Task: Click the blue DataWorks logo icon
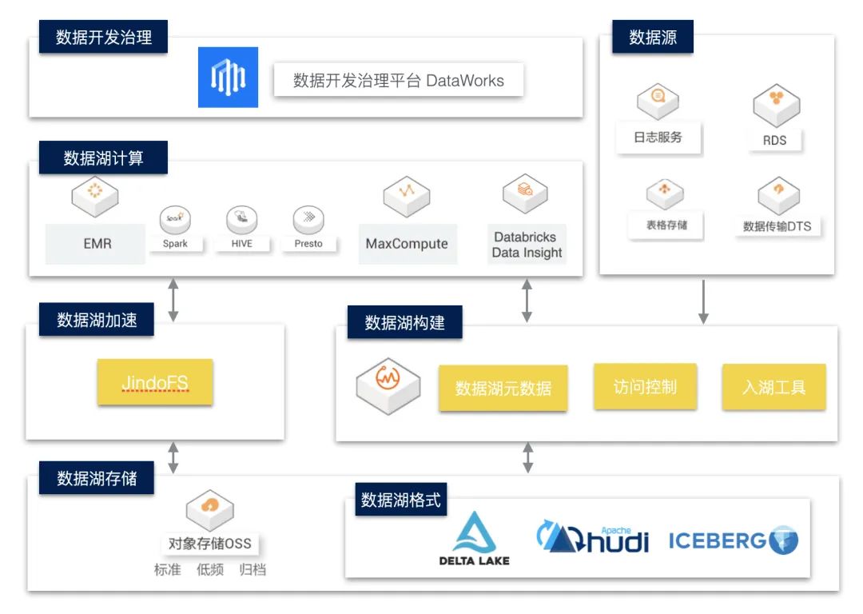click(228, 77)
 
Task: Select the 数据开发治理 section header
click(104, 37)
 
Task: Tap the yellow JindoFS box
click(155, 382)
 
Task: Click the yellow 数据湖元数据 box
click(503, 389)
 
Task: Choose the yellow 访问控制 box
click(644, 387)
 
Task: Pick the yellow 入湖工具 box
click(774, 388)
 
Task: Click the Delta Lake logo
click(474, 539)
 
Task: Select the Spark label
click(175, 243)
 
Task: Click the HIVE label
click(241, 243)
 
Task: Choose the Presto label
click(308, 243)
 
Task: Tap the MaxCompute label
click(407, 244)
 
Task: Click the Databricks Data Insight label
click(527, 245)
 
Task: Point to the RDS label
click(774, 140)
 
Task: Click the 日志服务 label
click(658, 138)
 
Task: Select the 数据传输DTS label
click(777, 226)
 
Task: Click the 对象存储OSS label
click(209, 544)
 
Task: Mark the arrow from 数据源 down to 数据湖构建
click(703, 301)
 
